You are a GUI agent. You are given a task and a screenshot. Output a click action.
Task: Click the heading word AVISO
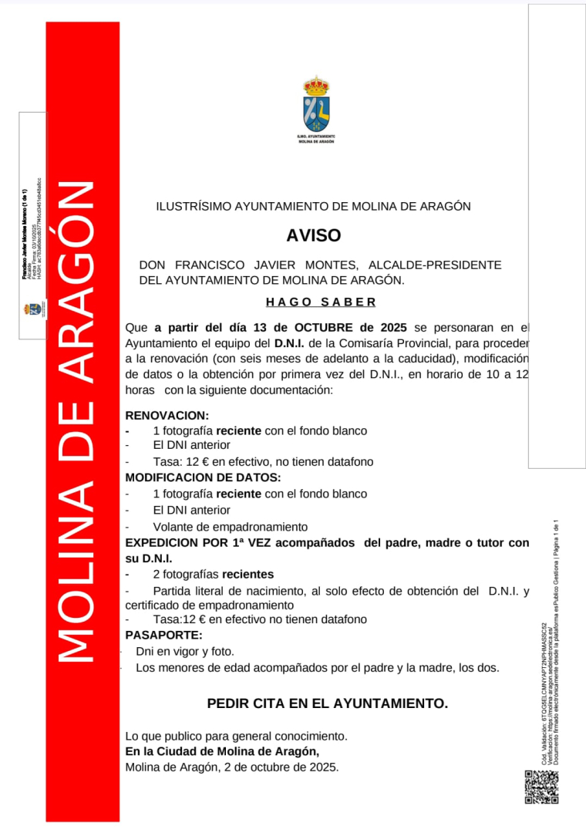(x=313, y=236)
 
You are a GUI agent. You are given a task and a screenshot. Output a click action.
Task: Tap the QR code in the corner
(x=541, y=787)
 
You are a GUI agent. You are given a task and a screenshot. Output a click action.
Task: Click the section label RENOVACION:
(x=167, y=415)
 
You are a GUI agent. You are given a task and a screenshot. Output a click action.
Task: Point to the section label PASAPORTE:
(x=163, y=635)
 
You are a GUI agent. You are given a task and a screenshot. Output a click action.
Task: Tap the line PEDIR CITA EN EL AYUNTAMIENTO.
(x=327, y=703)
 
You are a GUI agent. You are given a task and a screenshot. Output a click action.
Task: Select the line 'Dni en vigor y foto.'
(x=185, y=652)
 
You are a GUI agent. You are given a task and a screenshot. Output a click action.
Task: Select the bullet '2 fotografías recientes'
(x=213, y=575)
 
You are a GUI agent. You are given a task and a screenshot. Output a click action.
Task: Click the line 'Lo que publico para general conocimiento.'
(x=237, y=736)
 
